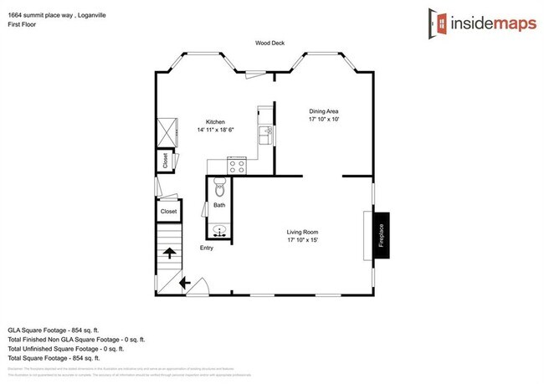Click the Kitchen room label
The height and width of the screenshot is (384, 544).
coord(216,121)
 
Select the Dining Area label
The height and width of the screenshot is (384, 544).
coord(323,111)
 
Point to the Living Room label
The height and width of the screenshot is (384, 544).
coord(302,232)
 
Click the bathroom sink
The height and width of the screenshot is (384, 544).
coord(220,231)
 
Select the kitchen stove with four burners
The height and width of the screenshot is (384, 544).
coord(236,166)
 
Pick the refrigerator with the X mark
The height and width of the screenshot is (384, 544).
coord(167,131)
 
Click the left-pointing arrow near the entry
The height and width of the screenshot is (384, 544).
coord(183,284)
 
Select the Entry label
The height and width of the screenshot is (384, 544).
coord(206,248)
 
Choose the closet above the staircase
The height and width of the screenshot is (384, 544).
coord(169,212)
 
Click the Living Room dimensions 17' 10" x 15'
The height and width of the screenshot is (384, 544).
coord(302,241)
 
